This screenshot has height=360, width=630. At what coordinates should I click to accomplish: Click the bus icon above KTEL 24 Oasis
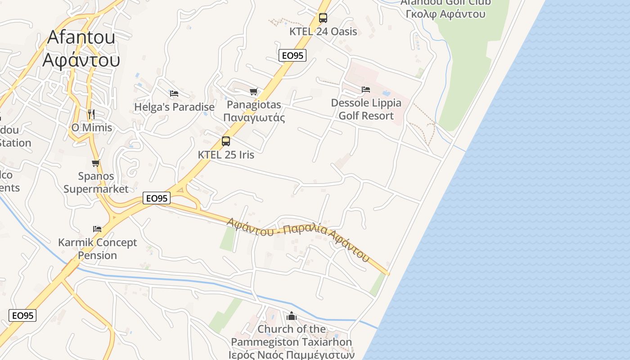[323, 18]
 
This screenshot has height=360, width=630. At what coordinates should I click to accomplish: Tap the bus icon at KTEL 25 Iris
[226, 141]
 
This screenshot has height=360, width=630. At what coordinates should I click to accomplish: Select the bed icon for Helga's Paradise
[174, 94]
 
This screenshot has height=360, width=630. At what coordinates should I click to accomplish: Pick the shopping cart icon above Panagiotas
[254, 92]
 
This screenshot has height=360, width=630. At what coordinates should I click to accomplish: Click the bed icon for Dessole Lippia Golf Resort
[366, 90]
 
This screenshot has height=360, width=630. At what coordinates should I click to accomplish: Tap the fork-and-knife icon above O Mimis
[91, 114]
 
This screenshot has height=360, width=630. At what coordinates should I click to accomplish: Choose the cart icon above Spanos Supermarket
[95, 163]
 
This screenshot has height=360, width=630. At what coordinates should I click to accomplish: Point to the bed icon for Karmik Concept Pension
[97, 229]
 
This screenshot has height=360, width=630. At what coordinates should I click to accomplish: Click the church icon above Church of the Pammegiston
[292, 316]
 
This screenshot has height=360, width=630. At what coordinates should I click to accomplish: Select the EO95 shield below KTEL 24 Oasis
[292, 55]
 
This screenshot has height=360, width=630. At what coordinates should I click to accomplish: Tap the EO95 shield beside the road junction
[157, 198]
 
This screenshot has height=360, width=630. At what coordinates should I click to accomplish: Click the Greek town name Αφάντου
[81, 59]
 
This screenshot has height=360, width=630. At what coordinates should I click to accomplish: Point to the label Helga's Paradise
[174, 107]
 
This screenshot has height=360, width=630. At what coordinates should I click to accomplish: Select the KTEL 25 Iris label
[226, 155]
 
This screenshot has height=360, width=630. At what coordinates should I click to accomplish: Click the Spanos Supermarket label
[96, 182]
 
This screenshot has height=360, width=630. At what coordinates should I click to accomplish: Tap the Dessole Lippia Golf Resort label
[366, 109]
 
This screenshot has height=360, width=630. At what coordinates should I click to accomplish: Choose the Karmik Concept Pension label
[97, 249]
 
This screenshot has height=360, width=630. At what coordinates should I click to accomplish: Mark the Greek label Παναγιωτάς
[254, 118]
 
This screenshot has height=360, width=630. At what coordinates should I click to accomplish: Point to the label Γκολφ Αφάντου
[445, 14]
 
